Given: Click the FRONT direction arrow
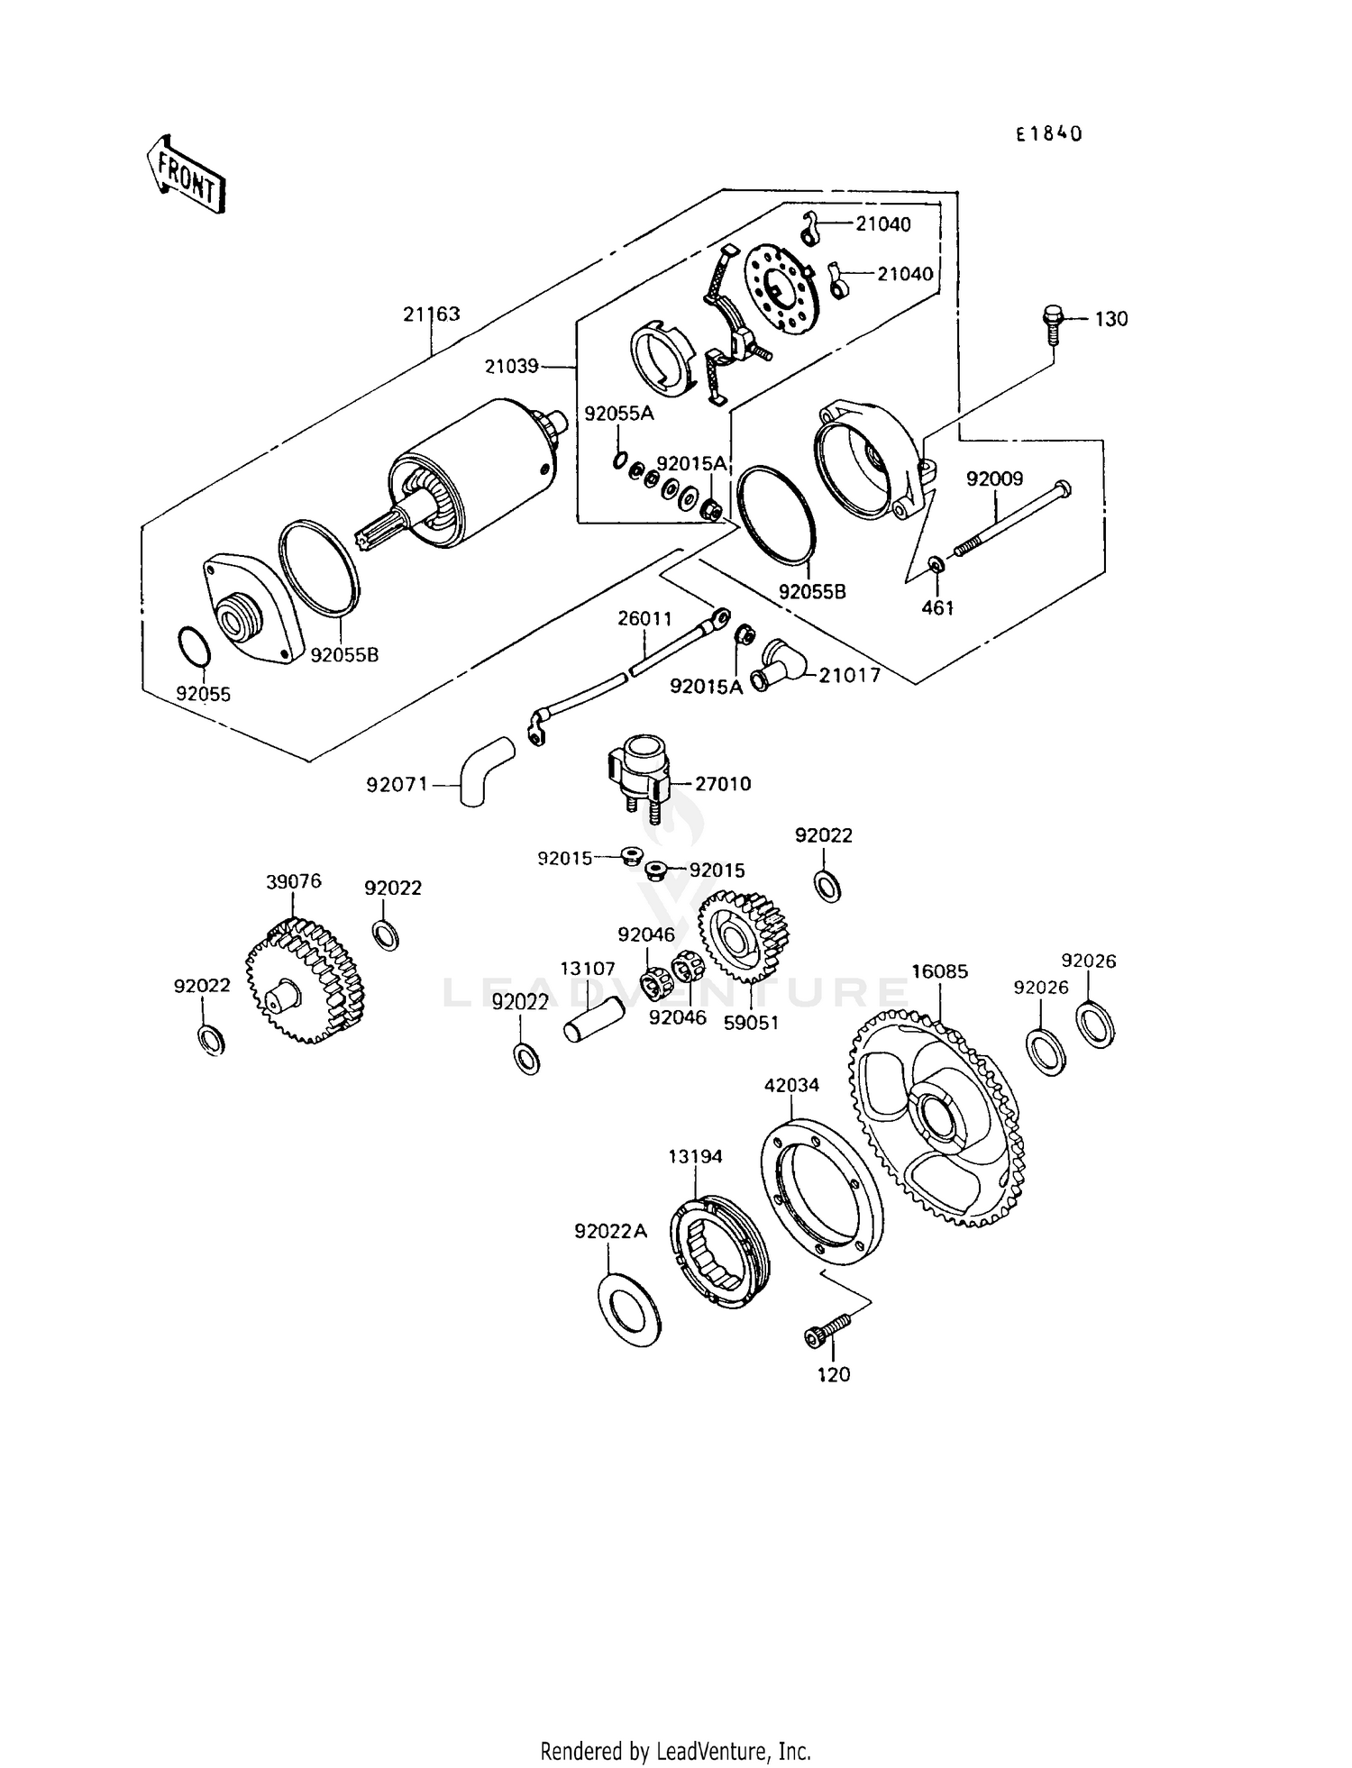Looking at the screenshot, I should (185, 175).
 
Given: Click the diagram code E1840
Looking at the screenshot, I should (1048, 134).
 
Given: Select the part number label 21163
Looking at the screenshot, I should (431, 314).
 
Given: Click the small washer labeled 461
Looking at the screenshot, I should (936, 565).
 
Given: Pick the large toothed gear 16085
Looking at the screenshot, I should (937, 1117).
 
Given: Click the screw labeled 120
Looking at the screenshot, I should (826, 1333).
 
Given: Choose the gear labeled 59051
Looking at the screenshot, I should (737, 937).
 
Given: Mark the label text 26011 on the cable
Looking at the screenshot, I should (644, 619).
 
